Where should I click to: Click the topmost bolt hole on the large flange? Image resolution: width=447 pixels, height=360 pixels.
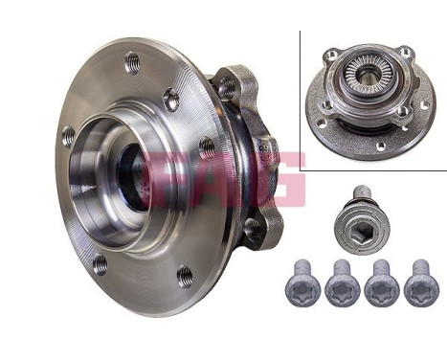[132, 64]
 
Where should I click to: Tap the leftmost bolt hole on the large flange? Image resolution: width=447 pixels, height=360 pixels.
[68, 136]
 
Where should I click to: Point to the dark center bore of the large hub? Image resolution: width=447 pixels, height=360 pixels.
[129, 177]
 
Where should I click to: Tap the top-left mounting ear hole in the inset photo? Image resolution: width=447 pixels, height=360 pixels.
[331, 55]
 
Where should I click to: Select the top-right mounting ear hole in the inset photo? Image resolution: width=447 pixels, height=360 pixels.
[406, 53]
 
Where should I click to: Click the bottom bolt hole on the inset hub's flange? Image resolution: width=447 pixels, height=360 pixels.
[380, 146]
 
